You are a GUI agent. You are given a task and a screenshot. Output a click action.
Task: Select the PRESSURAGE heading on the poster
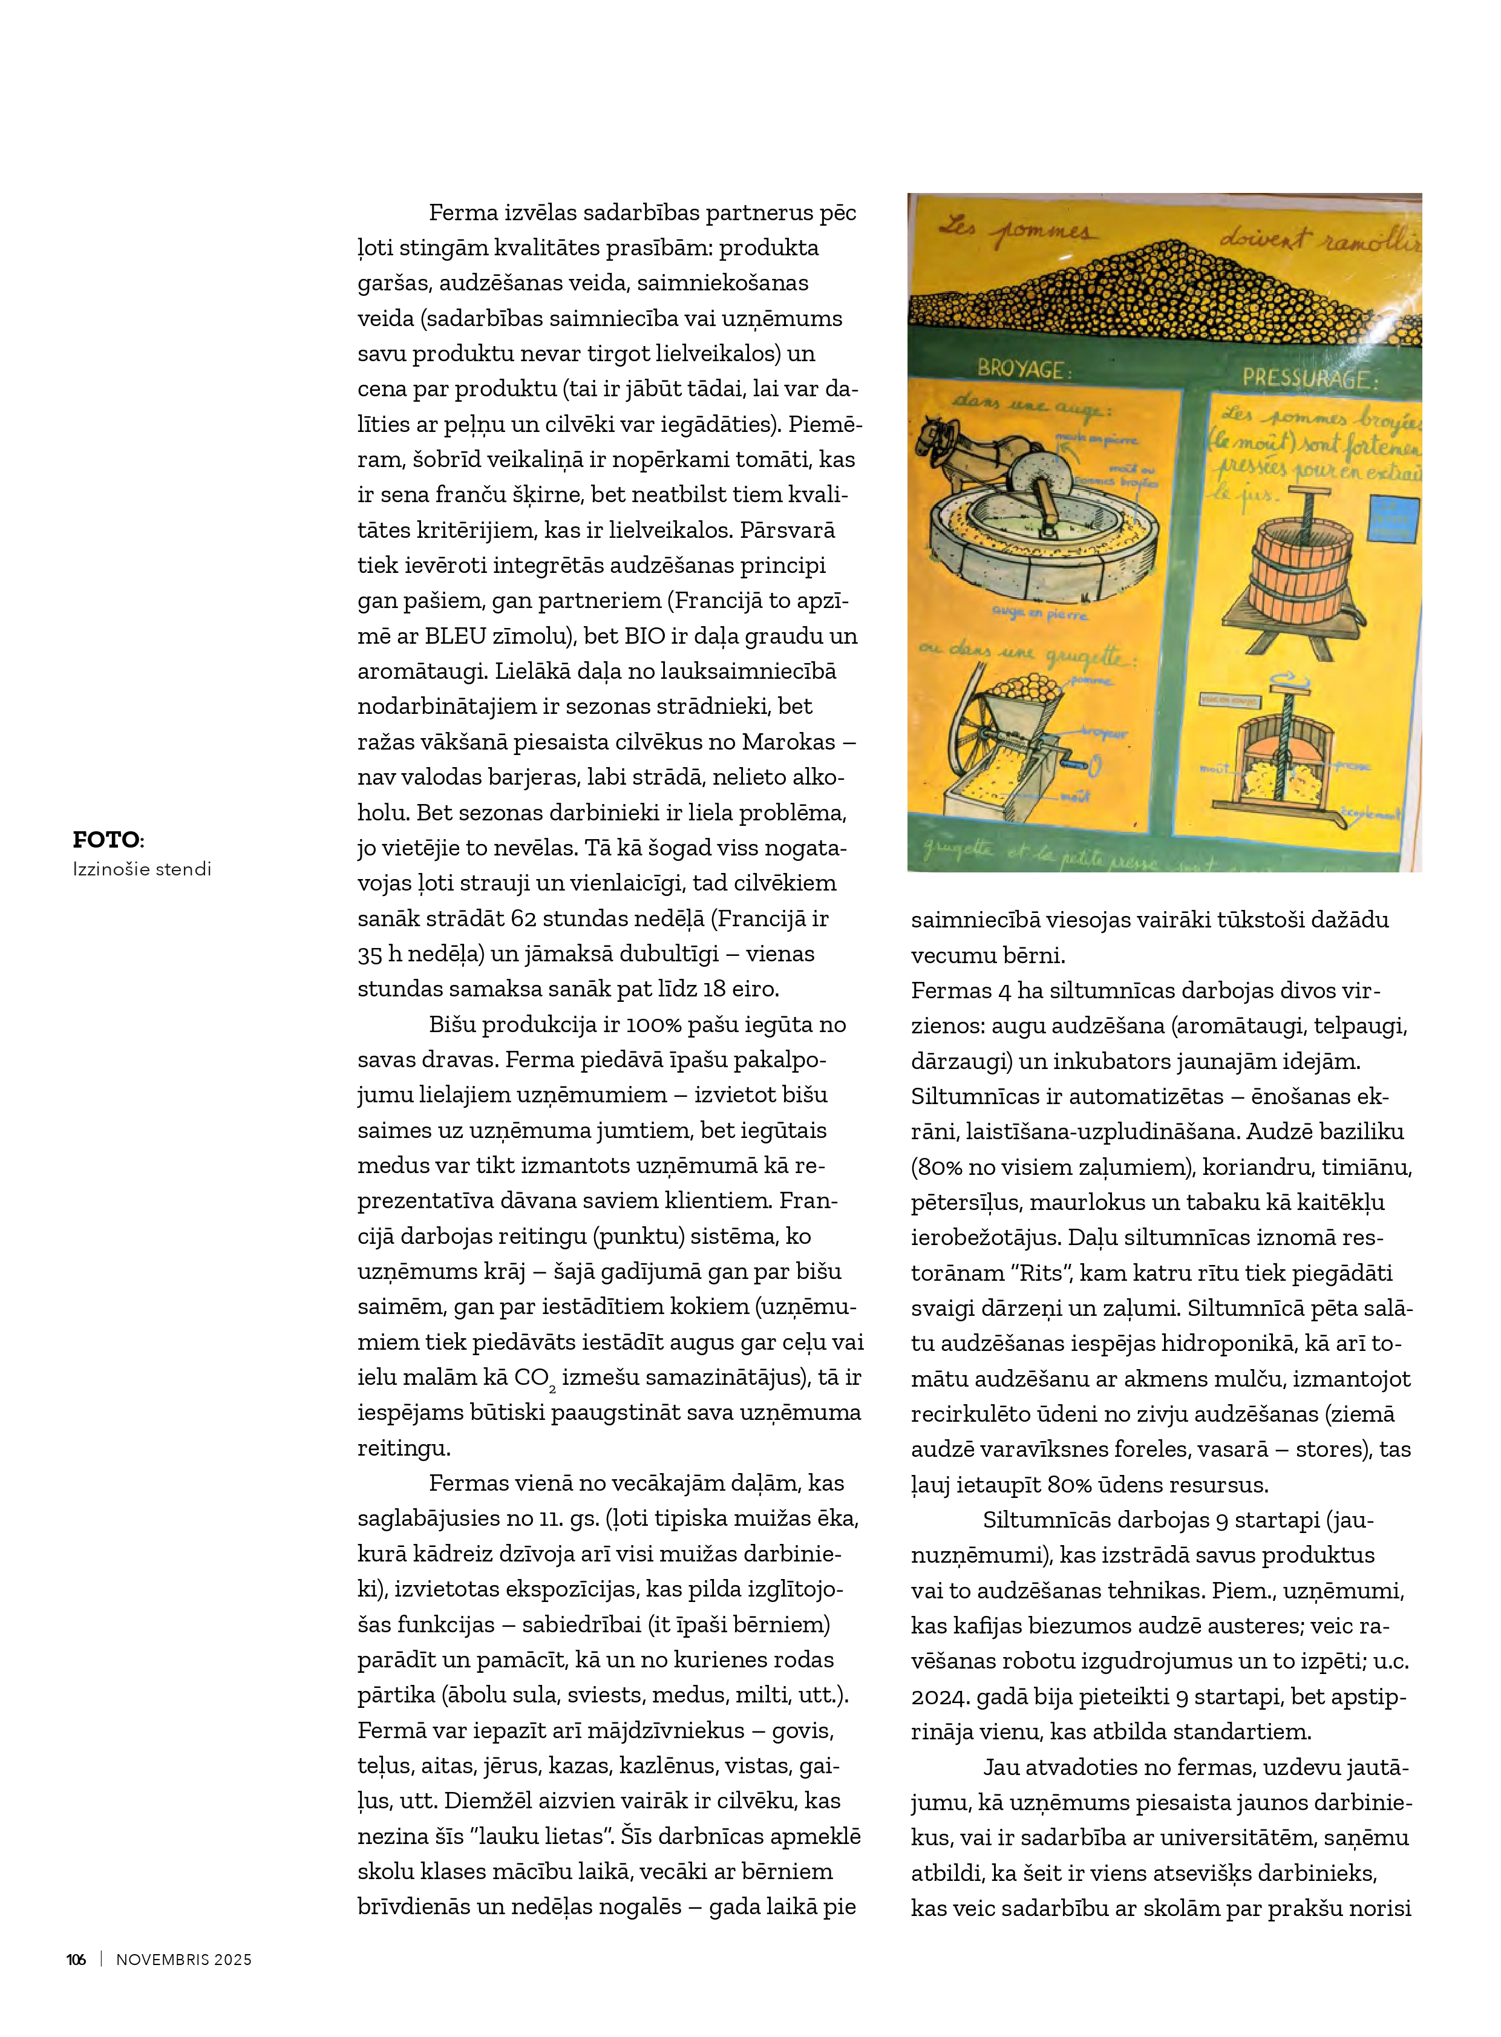(1309, 379)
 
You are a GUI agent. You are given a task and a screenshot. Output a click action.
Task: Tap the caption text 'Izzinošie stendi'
(142, 869)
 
